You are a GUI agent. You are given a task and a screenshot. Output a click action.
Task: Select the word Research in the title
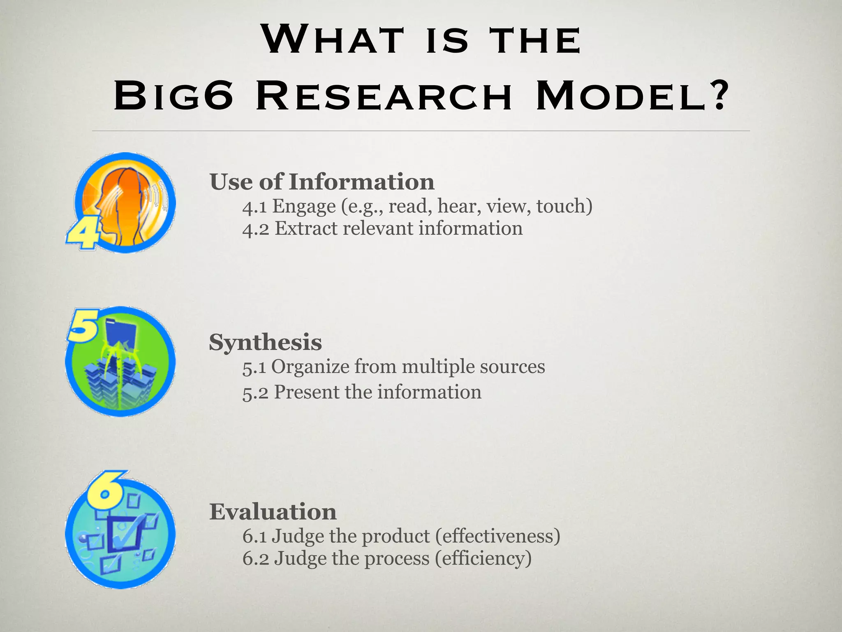coord(384,97)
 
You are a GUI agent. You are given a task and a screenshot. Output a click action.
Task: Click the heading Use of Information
coord(322,182)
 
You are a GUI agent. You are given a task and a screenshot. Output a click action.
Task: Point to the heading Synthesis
coord(265,342)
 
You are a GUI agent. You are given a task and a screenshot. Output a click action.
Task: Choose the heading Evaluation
coord(273,512)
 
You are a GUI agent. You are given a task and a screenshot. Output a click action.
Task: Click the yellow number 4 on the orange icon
coord(83,233)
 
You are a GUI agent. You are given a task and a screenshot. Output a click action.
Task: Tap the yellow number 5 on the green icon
coord(83,326)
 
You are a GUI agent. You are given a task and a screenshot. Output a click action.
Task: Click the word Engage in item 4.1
coord(304,206)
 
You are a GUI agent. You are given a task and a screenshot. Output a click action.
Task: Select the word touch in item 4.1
coord(564,206)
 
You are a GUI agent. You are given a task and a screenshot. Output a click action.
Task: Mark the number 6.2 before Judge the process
coord(255,559)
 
